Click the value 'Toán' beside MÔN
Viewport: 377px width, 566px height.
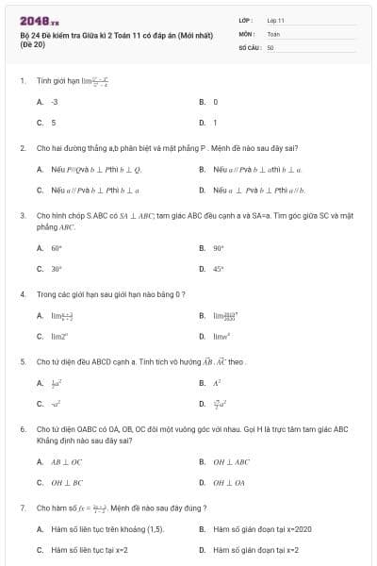click(273, 32)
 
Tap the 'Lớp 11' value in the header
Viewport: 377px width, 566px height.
click(275, 19)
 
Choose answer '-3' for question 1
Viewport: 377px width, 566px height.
click(55, 101)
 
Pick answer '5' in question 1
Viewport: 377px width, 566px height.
click(54, 122)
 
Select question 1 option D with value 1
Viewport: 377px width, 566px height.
click(215, 122)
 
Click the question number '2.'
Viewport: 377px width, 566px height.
click(23, 148)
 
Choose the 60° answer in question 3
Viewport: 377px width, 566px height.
click(57, 248)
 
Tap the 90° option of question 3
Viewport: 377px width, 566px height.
click(219, 248)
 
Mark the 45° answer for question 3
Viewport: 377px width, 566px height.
click(219, 269)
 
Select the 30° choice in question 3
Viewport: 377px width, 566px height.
click(57, 269)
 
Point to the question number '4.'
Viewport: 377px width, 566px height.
click(23, 294)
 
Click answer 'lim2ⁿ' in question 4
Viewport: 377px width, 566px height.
click(60, 336)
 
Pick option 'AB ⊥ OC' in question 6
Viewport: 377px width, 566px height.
click(67, 462)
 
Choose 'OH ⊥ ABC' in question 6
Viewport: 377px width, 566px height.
click(231, 462)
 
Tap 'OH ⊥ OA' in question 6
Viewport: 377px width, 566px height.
click(228, 483)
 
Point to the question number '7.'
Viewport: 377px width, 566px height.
click(23, 508)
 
